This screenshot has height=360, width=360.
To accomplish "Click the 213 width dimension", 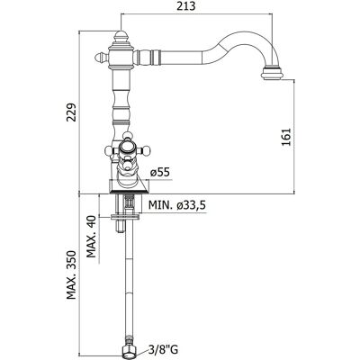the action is (186, 5).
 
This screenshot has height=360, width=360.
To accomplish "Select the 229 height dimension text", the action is (72, 112).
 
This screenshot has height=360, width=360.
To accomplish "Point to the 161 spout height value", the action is (287, 137).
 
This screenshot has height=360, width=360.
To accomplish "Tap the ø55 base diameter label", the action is (160, 173).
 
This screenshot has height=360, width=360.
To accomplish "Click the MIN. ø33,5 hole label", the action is (177, 205).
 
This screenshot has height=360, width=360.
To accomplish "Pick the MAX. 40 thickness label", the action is (92, 237).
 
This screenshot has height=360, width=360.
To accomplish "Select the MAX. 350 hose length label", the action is (72, 274).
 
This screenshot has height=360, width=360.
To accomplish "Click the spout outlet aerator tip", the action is (273, 74).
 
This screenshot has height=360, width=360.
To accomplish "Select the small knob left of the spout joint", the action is (102, 58).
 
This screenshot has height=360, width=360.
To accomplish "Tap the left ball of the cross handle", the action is (109, 149).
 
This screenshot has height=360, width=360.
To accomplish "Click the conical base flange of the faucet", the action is (129, 186).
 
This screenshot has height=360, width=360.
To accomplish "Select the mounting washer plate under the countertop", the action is (125, 217).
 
